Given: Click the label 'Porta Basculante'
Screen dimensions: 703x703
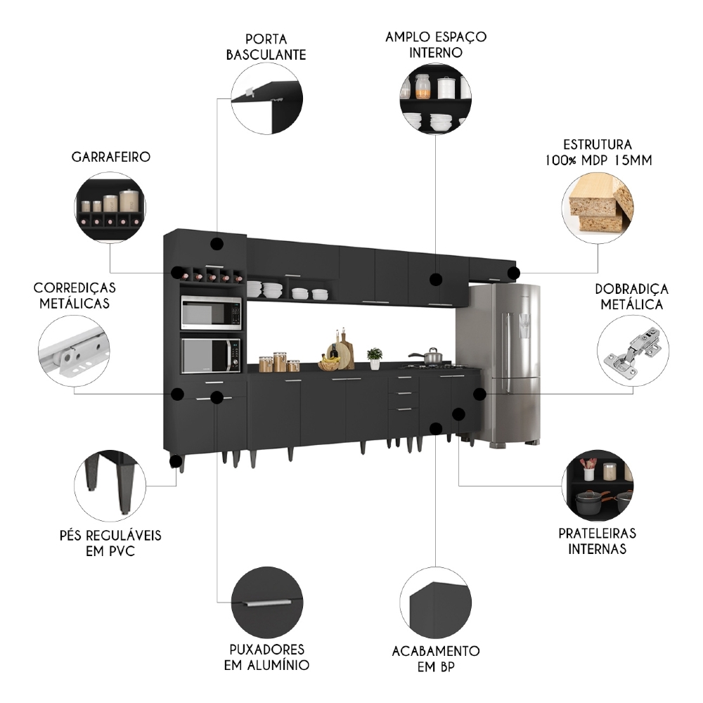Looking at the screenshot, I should (x=266, y=46).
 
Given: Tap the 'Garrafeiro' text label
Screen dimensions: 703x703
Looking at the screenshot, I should (x=110, y=157).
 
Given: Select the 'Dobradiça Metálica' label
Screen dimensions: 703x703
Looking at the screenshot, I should (x=631, y=297).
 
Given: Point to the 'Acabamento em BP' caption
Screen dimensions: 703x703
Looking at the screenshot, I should (x=436, y=659).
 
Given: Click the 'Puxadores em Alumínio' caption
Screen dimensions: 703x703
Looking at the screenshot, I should (x=266, y=656).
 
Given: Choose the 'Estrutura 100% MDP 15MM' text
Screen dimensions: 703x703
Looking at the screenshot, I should (x=597, y=152).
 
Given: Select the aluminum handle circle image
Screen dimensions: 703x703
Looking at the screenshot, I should (x=266, y=602).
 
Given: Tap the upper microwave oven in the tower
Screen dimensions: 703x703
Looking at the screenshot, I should (x=211, y=313).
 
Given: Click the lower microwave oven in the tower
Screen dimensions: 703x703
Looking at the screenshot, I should (x=211, y=355).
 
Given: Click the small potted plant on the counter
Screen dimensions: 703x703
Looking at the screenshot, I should (x=375, y=357).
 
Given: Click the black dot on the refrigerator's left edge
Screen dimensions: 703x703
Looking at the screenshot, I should (x=479, y=394).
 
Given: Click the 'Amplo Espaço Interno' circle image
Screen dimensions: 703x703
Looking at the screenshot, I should (x=435, y=99).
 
